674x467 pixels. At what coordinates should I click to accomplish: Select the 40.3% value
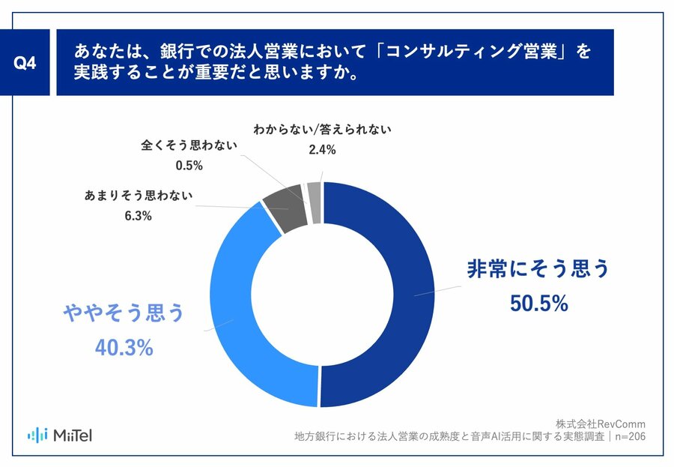(124, 347)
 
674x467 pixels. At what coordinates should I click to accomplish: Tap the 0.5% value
(188, 165)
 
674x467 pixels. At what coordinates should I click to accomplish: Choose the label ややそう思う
(124, 313)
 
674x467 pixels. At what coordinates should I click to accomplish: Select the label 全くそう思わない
(188, 145)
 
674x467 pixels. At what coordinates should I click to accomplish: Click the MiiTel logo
(60, 435)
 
